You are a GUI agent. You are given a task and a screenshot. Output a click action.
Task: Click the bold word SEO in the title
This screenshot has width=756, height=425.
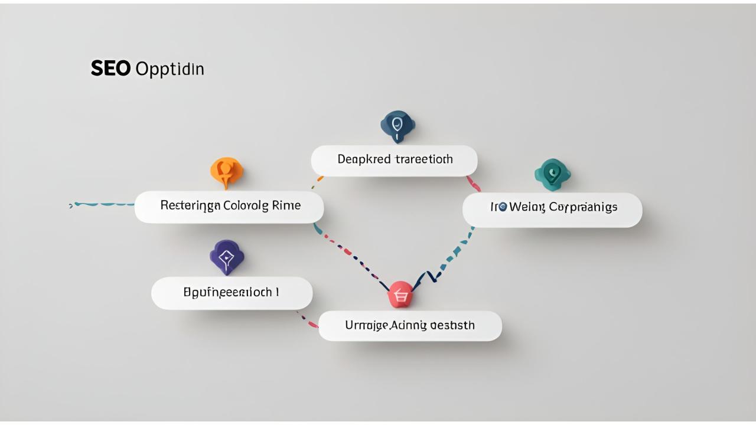click(x=110, y=69)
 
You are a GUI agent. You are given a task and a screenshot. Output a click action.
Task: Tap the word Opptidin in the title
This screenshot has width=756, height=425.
click(x=170, y=70)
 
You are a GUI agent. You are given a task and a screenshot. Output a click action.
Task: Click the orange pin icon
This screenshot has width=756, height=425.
click(x=226, y=171)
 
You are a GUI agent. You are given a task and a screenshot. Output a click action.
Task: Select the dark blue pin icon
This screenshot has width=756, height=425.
click(x=397, y=125)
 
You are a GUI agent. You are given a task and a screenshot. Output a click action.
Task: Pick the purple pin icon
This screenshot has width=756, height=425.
click(x=227, y=257)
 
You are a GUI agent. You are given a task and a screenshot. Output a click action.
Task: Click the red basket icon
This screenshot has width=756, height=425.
click(x=400, y=294)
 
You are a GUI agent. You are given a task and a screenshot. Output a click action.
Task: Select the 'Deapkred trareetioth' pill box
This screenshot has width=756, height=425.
click(x=394, y=160)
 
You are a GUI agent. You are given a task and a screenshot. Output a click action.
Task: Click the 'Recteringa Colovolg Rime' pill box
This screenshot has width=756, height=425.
click(x=229, y=207)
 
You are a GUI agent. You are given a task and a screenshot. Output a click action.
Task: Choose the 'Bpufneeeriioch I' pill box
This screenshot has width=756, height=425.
click(x=232, y=293)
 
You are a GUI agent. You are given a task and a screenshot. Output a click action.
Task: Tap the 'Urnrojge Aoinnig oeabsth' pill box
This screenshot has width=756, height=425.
click(x=410, y=326)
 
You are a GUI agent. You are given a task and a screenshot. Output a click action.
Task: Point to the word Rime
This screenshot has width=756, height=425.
click(x=286, y=206)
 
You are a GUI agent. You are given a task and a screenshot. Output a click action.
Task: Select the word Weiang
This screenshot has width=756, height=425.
click(x=527, y=208)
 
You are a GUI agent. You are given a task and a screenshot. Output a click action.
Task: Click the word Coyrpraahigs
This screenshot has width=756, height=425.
click(x=583, y=208)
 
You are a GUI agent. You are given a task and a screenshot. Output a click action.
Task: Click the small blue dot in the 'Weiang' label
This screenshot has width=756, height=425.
click(x=503, y=207)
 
